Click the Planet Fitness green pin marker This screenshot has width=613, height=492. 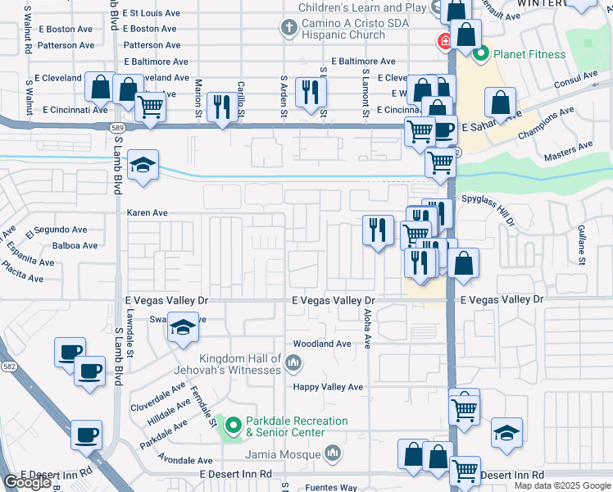tap(480, 55)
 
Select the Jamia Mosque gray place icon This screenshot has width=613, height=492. tap(333, 453)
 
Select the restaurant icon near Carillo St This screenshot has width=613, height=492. tap(221, 106)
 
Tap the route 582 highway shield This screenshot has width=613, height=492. tap(9, 366)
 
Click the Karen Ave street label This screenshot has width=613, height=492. tap(147, 212)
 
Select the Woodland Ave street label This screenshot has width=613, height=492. tap(322, 344)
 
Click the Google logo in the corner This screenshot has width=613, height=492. tap(27, 482)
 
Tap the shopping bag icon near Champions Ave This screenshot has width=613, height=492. tap(500, 102)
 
